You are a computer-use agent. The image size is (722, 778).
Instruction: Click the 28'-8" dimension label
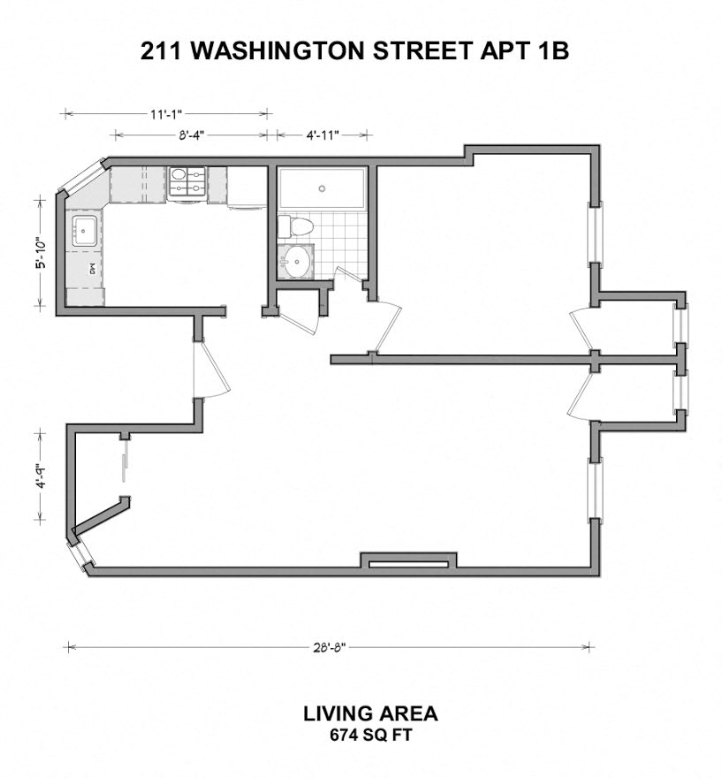click(x=330, y=647)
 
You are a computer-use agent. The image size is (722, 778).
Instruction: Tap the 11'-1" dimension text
click(x=167, y=114)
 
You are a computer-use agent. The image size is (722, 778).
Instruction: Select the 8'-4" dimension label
click(x=192, y=135)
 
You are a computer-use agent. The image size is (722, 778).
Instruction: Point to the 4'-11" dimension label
click(x=323, y=135)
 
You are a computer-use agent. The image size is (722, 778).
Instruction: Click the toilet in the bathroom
click(x=295, y=226)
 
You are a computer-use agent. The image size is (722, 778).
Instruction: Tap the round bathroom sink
click(x=297, y=260)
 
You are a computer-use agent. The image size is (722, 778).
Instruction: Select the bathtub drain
click(x=322, y=188)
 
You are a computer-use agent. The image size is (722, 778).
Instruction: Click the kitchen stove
click(x=187, y=183)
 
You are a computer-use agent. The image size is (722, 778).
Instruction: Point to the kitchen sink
click(x=85, y=231)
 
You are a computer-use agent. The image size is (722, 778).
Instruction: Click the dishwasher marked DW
click(x=85, y=270)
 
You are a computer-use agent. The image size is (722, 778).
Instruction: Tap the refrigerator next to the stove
click(x=247, y=187)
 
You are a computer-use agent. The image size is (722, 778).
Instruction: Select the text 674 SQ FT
click(x=371, y=735)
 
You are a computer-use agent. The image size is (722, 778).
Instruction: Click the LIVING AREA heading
click(x=370, y=714)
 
